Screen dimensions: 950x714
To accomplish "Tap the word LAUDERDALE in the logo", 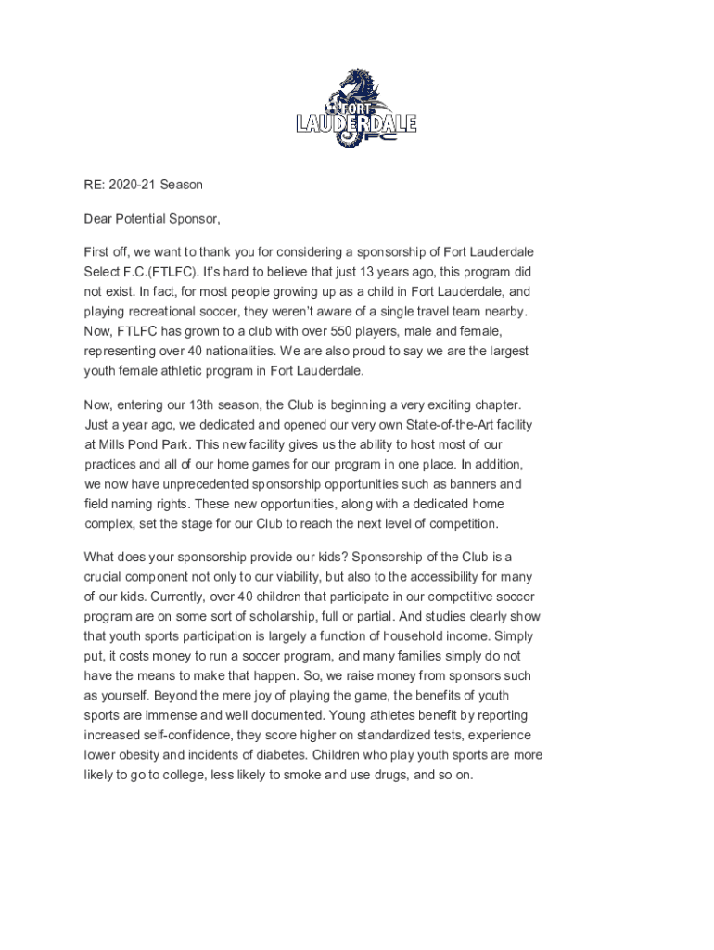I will [356, 123].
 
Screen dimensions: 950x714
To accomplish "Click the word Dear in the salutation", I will [100, 219].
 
